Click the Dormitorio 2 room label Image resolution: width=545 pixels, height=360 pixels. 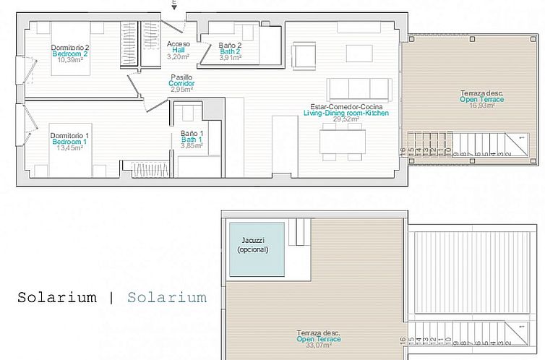click(x=69, y=48)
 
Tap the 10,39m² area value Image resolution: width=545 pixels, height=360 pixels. click(x=69, y=60)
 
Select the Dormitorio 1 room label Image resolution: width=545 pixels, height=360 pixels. click(x=69, y=136)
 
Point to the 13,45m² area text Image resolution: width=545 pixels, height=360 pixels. click(x=69, y=149)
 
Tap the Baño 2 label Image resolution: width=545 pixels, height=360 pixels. click(x=230, y=45)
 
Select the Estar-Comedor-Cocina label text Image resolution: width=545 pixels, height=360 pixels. click(x=346, y=107)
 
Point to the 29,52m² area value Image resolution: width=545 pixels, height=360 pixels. click(x=346, y=119)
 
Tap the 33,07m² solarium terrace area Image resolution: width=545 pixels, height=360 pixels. click(x=318, y=346)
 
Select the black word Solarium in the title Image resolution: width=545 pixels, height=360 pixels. click(x=56, y=298)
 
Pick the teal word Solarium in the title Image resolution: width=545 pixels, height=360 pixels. click(x=166, y=298)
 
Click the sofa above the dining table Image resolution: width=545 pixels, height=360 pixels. click(x=359, y=90)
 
